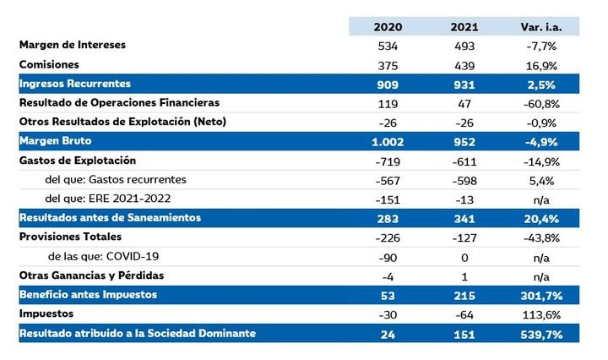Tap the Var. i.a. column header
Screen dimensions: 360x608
(x=543, y=26)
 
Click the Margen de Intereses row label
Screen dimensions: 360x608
(x=72, y=45)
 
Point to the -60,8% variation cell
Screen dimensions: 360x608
(x=543, y=103)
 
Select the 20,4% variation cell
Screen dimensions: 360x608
(x=543, y=218)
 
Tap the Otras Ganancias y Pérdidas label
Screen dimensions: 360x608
(x=91, y=275)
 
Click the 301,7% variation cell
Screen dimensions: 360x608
(x=543, y=295)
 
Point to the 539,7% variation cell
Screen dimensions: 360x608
(x=543, y=335)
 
